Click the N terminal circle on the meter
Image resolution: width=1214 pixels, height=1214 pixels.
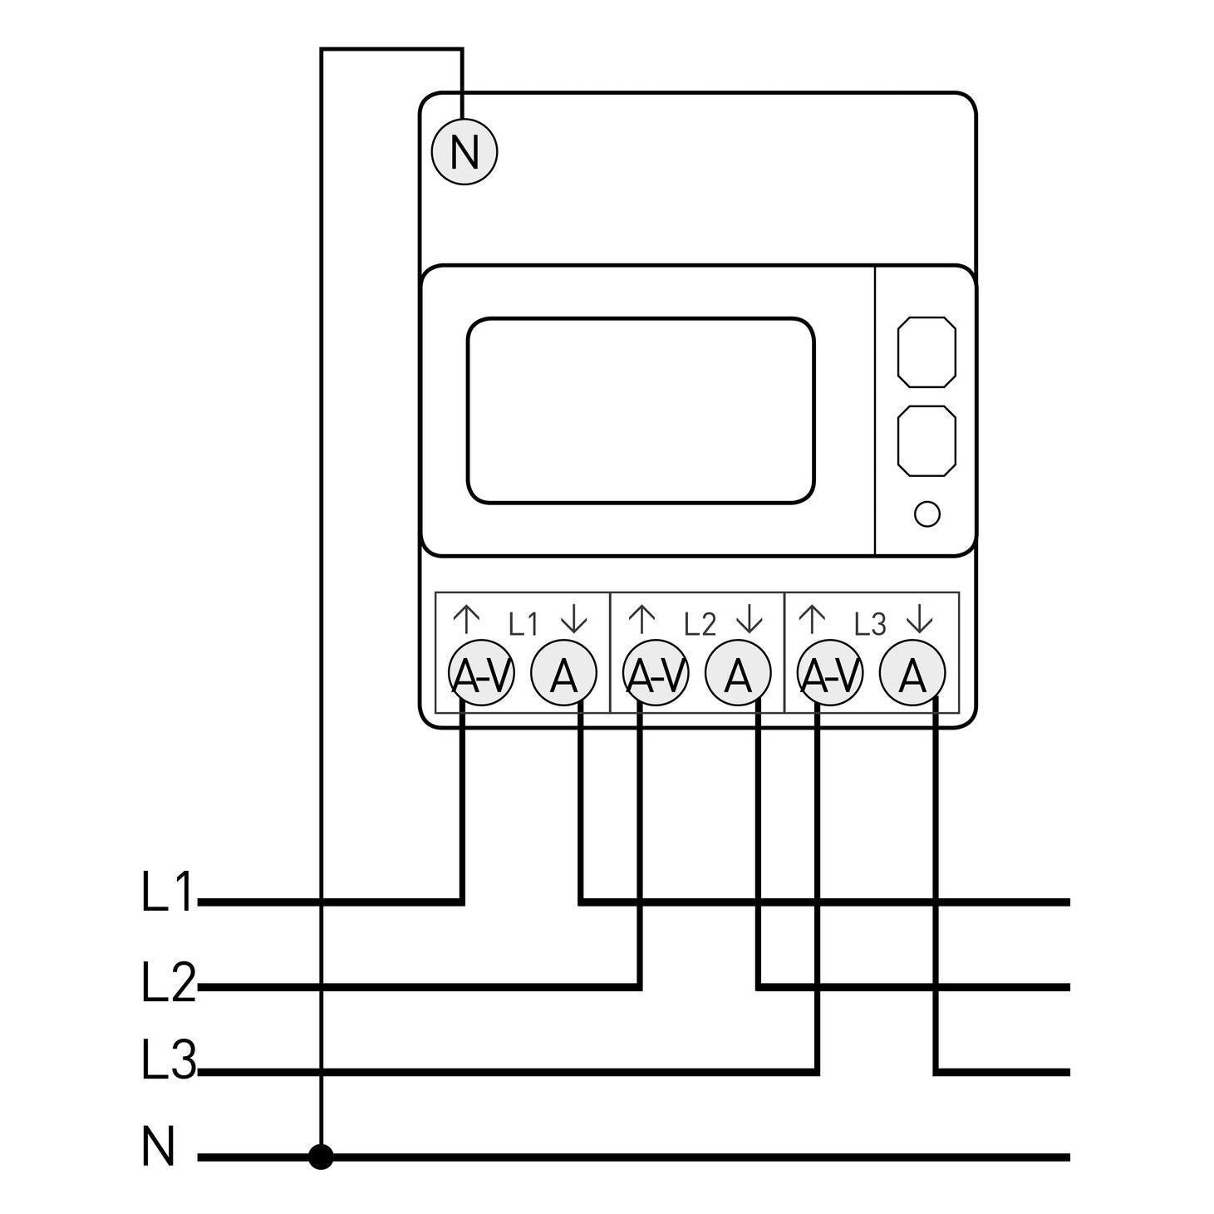pyautogui.click(x=464, y=152)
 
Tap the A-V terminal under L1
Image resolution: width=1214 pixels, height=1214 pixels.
pyautogui.click(x=481, y=673)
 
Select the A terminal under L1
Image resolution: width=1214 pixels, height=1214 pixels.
pyautogui.click(x=564, y=673)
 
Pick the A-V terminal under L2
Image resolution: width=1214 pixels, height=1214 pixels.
pyautogui.click(x=656, y=673)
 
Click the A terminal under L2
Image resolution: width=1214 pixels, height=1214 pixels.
pyautogui.click(x=739, y=673)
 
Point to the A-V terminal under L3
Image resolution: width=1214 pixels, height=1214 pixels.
pyautogui.click(x=830, y=673)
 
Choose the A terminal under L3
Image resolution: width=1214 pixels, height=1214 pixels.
pyautogui.click(x=913, y=673)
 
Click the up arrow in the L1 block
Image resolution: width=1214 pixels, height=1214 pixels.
pyautogui.click(x=467, y=620)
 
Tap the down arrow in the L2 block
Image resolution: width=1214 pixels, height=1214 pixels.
pyautogui.click(x=750, y=620)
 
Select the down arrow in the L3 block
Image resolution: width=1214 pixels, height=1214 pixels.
pyautogui.click(x=920, y=620)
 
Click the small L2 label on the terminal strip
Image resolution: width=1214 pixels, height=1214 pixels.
pyautogui.click(x=700, y=624)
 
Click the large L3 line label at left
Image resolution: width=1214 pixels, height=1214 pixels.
pyautogui.click(x=169, y=1059)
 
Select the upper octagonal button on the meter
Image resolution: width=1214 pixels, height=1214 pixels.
pyautogui.click(x=926, y=352)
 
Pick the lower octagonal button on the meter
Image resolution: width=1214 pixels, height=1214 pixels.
pyautogui.click(x=926, y=440)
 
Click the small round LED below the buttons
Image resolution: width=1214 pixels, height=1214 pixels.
pyautogui.click(x=926, y=514)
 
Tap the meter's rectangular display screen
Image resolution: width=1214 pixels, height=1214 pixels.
pyautogui.click(x=641, y=410)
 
